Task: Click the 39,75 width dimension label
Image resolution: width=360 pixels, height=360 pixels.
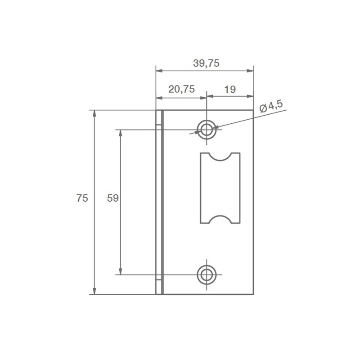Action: tap(206, 63)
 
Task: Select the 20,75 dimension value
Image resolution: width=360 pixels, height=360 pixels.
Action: tap(182, 89)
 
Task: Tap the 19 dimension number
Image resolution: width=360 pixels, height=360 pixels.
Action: tap(230, 89)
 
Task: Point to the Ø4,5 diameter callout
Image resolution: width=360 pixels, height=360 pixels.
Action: tap(271, 107)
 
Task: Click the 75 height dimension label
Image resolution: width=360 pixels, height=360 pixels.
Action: tap(82, 198)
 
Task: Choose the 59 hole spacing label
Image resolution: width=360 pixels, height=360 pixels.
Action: tap(113, 198)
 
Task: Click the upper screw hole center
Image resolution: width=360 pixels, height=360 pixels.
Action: tap(207, 130)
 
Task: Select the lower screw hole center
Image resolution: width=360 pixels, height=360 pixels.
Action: tap(207, 274)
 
